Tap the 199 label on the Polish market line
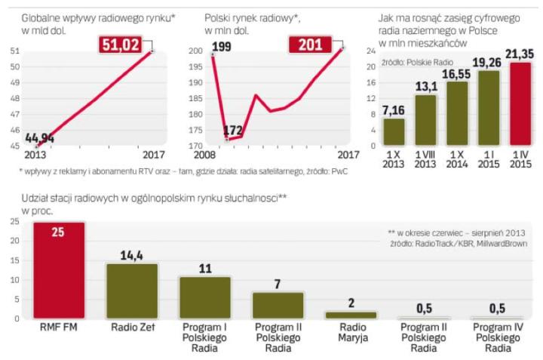pos(222,48)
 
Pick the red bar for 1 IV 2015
pos(521,106)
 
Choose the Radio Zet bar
pos(131,291)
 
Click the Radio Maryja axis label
pos(351,332)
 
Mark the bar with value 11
pos(204,297)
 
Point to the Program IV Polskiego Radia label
pos(497,338)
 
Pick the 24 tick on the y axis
pos(370,51)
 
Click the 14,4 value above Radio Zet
pos(131,256)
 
